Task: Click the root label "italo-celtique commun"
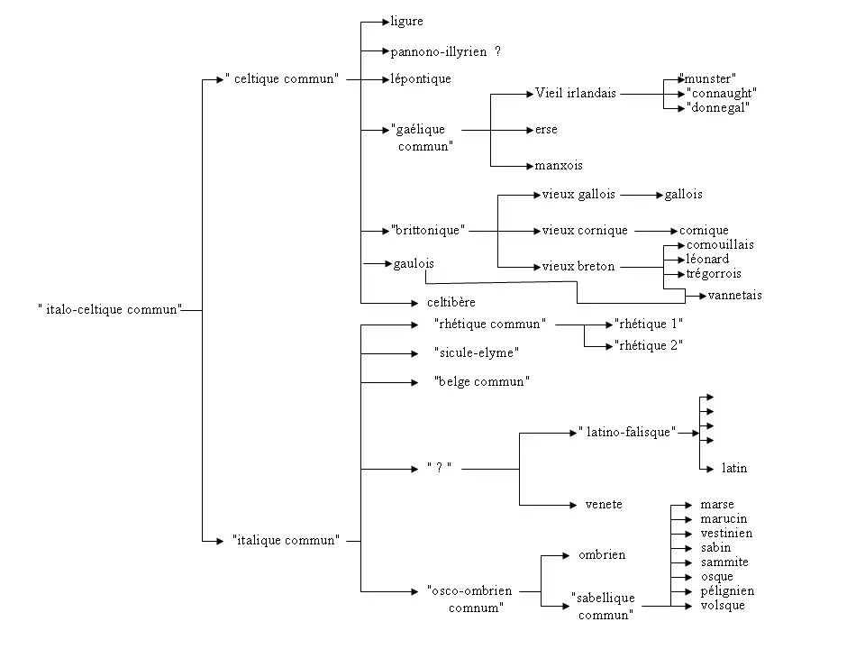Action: pos(110,309)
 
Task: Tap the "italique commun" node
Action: pos(286,540)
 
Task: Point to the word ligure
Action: pos(406,21)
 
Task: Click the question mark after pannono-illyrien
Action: pos(497,51)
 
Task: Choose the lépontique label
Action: pos(421,79)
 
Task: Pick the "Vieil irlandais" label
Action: pos(576,93)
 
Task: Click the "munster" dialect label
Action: pos(710,78)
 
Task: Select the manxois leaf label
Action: pos(559,165)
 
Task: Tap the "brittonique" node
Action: pos(428,230)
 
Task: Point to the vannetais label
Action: pos(735,295)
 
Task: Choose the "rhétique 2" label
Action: pos(648,345)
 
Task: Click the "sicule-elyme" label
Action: pos(477,352)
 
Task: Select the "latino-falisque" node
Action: pos(627,432)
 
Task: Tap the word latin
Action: pos(734,468)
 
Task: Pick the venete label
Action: pos(604,504)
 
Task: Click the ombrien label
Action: pos(602,554)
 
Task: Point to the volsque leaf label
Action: pos(723,605)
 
